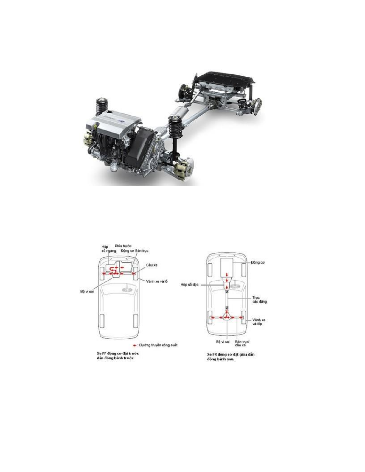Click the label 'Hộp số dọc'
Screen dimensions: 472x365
point(190,285)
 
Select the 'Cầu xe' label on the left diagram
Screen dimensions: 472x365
point(152,265)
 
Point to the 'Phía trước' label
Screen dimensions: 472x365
point(123,247)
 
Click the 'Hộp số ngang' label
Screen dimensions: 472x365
point(107,249)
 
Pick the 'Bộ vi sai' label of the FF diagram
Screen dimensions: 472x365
point(87,291)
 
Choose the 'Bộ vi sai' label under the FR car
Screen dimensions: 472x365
point(223,342)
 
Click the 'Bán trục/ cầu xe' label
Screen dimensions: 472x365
point(242,343)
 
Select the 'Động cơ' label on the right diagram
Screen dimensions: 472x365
point(258,262)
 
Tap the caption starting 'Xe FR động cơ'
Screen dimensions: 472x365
point(231,357)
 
